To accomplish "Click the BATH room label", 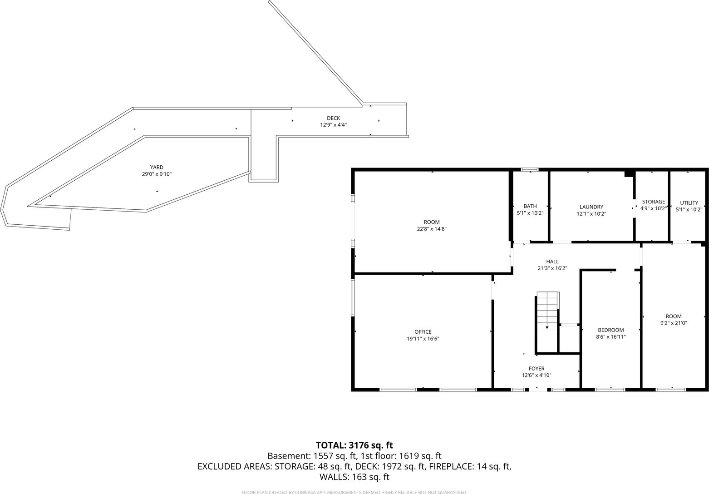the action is pos(530,206).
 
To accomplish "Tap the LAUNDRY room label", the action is pos(591,207).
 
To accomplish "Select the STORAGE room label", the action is pos(653,202).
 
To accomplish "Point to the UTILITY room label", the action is pos(689,203).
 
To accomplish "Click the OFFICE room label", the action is pos(423,332).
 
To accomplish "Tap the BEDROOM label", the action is pos(611,330).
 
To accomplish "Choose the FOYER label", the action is pos(537,369).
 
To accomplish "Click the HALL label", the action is pos(552,262).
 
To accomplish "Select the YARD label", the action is pos(157,167).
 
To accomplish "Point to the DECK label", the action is pos(333,118).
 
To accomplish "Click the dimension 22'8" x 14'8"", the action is pos(431,229).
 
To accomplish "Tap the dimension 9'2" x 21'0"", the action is pos(674,323).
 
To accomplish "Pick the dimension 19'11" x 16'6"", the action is pos(423,339).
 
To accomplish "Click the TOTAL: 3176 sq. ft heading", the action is pos(354,445).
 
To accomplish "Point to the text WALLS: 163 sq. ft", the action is pos(354,477).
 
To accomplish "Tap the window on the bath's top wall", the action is pos(530,169).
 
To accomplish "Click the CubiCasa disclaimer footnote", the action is pos(354,492).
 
